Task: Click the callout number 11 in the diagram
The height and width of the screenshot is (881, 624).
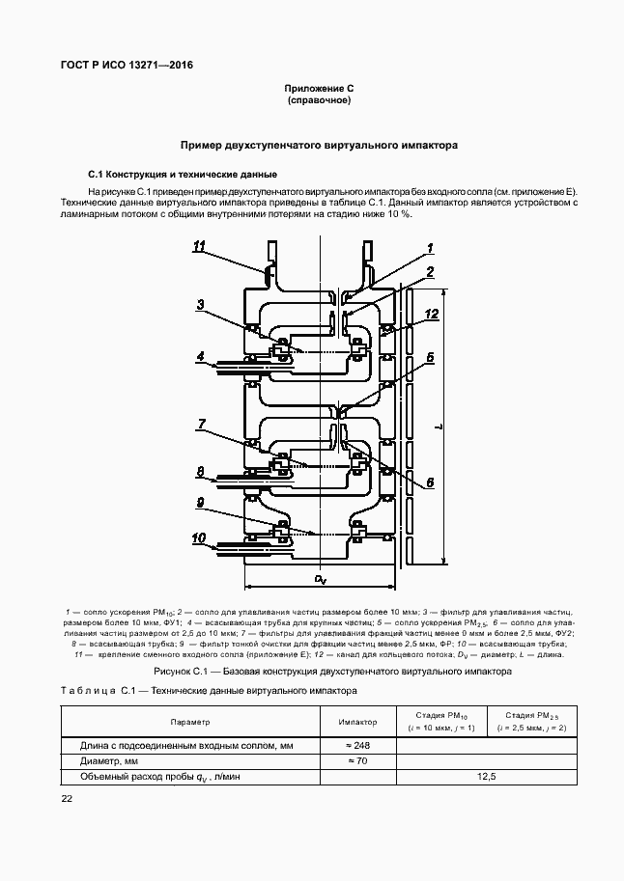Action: [200, 248]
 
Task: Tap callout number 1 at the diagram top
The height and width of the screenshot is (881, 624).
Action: [430, 248]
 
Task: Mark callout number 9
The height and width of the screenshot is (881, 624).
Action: [200, 502]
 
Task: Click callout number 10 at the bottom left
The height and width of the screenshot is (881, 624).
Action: [200, 537]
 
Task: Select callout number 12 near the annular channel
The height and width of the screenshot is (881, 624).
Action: [432, 314]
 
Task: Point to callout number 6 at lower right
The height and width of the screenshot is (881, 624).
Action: [430, 482]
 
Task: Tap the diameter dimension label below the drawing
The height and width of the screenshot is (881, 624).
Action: [320, 579]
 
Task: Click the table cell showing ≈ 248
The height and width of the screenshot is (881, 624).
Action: [357, 745]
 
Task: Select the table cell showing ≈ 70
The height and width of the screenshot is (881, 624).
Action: [357, 760]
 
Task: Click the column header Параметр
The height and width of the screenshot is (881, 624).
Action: [190, 721]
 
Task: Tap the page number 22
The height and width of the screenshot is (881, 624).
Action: [67, 798]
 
